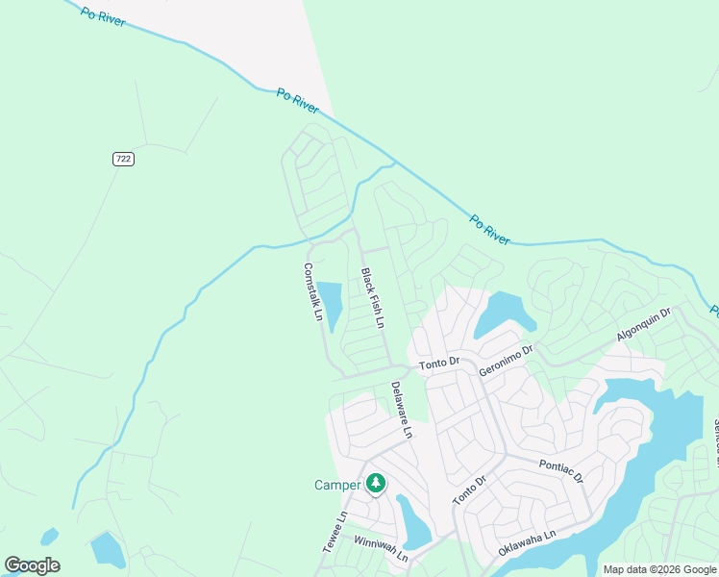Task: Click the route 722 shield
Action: click(122, 159)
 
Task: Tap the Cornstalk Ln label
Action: click(311, 292)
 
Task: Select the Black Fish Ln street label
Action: click(372, 297)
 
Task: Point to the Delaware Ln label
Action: click(401, 411)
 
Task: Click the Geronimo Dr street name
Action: click(506, 362)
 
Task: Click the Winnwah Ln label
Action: click(381, 550)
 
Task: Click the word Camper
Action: click(336, 485)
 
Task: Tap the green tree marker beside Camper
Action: click(377, 483)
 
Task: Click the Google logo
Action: click(32, 565)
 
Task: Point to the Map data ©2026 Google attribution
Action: click(659, 569)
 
